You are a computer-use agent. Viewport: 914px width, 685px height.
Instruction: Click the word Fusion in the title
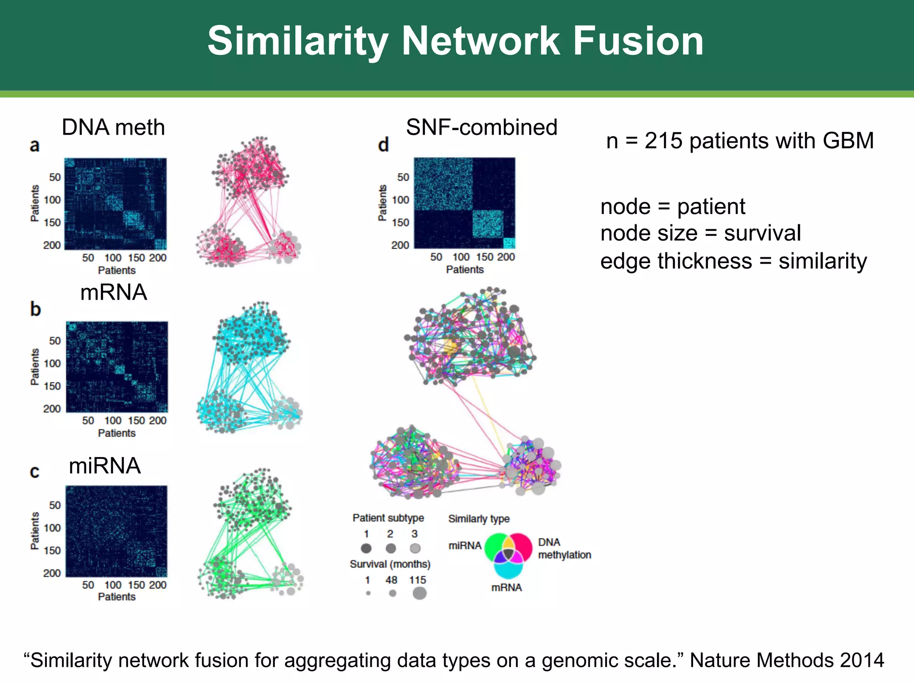(638, 41)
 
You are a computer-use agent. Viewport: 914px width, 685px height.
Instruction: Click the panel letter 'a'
(34, 145)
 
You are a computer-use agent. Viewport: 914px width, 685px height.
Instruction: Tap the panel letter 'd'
(383, 145)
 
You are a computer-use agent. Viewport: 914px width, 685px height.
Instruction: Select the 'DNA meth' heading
(113, 128)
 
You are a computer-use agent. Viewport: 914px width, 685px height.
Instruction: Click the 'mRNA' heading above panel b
(113, 293)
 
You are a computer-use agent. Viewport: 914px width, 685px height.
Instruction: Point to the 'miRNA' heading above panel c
(104, 466)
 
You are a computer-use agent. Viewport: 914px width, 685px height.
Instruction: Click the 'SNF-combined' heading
(481, 128)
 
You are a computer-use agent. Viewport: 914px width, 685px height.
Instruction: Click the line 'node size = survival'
(700, 233)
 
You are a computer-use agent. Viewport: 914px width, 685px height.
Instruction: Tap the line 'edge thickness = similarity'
(733, 261)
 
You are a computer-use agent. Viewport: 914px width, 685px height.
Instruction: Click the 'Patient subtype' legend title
(388, 518)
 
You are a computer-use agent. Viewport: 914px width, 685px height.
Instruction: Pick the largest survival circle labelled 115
(419, 593)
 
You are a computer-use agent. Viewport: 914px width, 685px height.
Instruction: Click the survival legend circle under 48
(392, 593)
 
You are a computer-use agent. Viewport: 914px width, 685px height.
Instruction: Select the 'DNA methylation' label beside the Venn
(564, 549)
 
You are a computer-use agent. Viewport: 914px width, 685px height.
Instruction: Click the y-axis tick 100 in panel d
(400, 200)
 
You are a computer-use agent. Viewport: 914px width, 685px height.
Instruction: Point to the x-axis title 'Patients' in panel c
(116, 597)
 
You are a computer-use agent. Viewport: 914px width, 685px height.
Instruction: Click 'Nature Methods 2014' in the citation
(786, 660)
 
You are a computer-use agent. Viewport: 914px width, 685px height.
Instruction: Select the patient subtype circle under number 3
(415, 548)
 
